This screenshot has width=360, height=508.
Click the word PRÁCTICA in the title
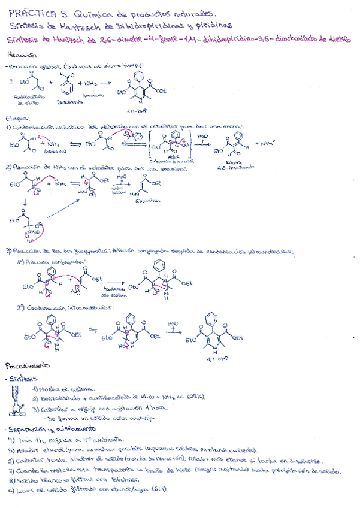(x=32, y=11)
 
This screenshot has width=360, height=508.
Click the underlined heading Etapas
(x=16, y=118)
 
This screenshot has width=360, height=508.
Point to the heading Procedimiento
(x=27, y=365)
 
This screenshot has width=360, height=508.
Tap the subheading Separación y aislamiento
(x=51, y=429)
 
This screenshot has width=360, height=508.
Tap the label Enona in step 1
(x=234, y=162)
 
